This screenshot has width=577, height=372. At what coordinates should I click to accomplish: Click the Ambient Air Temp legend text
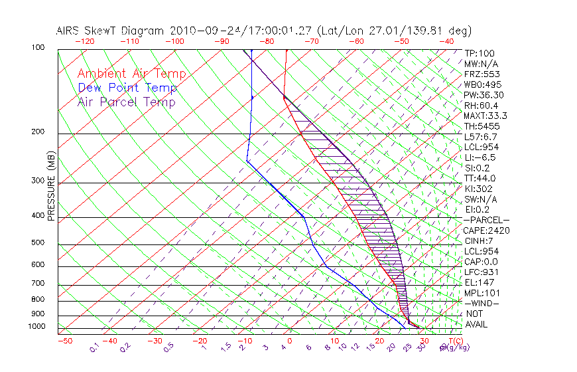(x=131, y=74)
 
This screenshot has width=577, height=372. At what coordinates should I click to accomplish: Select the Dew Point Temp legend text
(x=127, y=88)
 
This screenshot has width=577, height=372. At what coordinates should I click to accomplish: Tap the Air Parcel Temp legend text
(x=126, y=102)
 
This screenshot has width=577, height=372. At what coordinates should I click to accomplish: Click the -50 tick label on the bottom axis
(x=64, y=341)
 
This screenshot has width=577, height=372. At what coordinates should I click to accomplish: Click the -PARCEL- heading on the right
(x=486, y=220)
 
